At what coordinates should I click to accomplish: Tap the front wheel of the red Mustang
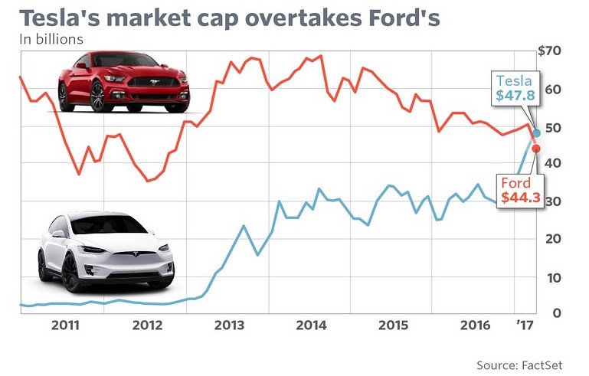click(x=100, y=97)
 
